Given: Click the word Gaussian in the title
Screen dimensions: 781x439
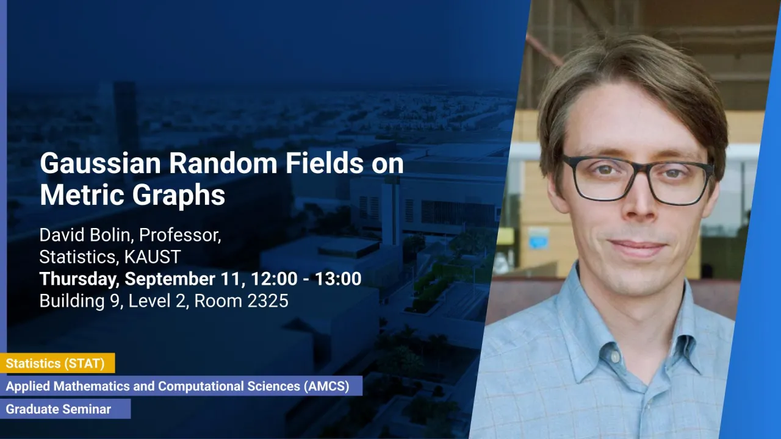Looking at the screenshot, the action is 101,163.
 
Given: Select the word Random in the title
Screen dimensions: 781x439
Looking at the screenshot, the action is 223,163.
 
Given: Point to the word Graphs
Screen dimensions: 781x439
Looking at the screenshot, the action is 179,196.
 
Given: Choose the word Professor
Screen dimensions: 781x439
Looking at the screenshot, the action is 180,235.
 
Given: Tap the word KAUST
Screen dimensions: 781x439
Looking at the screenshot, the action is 153,257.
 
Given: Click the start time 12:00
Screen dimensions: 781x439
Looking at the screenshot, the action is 274,279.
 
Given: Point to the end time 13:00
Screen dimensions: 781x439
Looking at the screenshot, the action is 338,279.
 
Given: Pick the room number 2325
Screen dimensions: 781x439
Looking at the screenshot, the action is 267,301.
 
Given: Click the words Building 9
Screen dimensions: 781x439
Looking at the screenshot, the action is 80,301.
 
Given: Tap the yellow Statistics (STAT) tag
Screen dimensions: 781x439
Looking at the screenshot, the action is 57,363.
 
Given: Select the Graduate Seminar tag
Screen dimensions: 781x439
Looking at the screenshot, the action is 65,409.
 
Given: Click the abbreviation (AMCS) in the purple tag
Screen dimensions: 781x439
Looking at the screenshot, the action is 326,386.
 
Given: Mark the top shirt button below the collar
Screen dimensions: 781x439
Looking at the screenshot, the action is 614,355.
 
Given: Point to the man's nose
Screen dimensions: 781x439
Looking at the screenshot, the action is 641,202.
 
